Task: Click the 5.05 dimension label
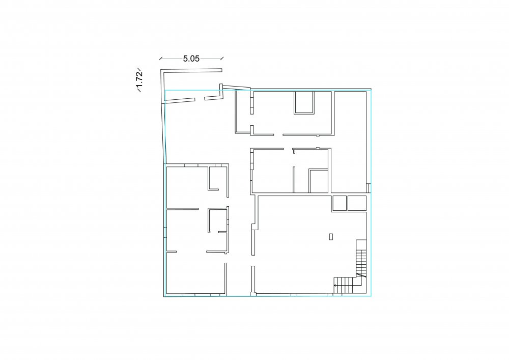(191, 59)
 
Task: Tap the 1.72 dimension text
(139, 79)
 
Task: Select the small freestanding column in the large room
(331, 237)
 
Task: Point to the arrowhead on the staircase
(335, 286)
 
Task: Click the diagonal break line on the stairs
(361, 275)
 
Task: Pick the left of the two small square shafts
(339, 204)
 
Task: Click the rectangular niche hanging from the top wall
(304, 102)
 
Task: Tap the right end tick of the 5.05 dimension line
(222, 59)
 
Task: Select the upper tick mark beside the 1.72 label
(139, 69)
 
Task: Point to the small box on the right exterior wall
(369, 188)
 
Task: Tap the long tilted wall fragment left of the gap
(180, 101)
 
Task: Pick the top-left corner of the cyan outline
(165, 90)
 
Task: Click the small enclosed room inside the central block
(319, 181)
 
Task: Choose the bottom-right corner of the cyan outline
(371, 296)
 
